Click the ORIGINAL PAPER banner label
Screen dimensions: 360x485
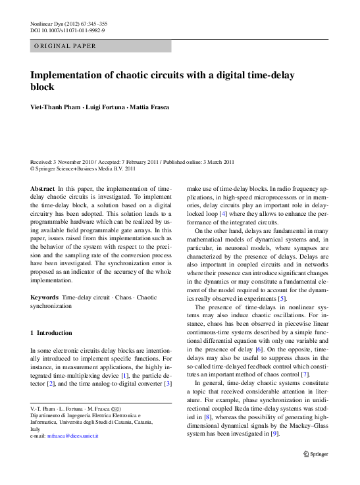[x=65, y=46]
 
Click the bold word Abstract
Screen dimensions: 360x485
[x=42, y=189]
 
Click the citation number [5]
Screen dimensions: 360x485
[x=282, y=298]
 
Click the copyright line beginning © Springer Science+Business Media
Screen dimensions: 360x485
[x=83, y=168]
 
